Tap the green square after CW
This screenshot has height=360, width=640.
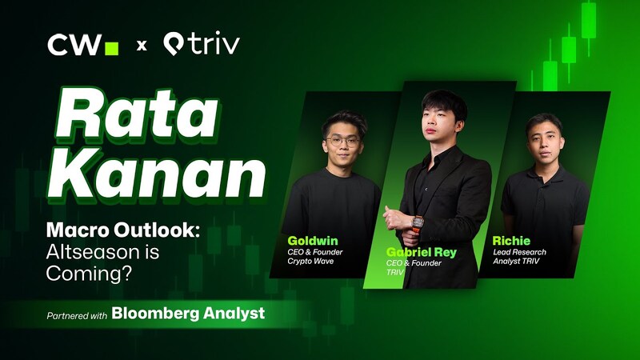pos(112,48)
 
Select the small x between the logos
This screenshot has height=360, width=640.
pos(142,46)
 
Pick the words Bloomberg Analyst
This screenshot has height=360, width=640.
pos(188,313)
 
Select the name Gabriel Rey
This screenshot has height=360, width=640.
pos(421,253)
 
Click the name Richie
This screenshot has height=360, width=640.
pos(512,239)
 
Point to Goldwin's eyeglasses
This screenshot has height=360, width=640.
pos(342,141)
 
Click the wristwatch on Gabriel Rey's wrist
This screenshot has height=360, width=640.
pos(416,220)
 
